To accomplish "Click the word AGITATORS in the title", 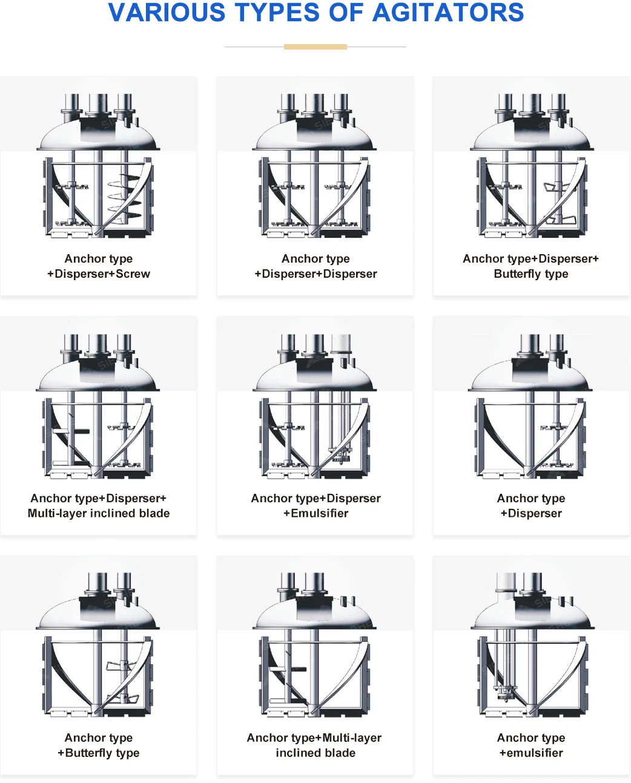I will click(448, 13).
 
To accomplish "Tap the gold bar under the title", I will click(315, 47).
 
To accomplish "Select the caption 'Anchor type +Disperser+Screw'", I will click(99, 266).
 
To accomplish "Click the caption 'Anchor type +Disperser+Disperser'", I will click(315, 266).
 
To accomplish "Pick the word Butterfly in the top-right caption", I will click(518, 274).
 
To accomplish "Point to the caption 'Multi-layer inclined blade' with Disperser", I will click(99, 506).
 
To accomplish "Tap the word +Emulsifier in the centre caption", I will click(315, 514).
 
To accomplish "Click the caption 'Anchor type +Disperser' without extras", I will click(531, 506).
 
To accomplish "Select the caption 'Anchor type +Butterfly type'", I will click(99, 745).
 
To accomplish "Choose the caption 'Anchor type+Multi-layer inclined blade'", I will click(315, 745).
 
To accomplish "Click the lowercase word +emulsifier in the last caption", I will click(531, 753).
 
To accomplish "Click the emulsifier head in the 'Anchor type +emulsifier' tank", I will click(504, 692).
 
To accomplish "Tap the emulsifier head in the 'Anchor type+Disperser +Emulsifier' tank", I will click(340, 454).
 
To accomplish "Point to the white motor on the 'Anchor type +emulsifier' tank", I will click(505, 583).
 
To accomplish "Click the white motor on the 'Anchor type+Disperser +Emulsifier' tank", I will click(341, 343).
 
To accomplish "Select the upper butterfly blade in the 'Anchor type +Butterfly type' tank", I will click(120, 666).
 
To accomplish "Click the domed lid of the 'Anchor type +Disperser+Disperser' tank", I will click(315, 136).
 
